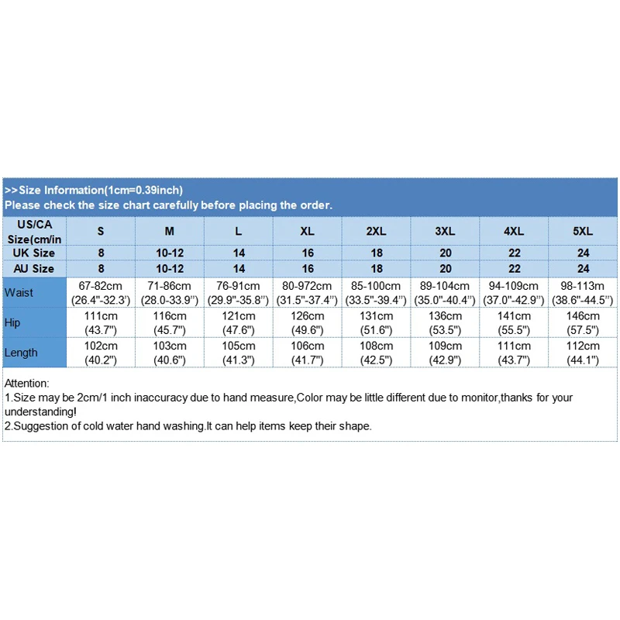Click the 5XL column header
coord(584,231)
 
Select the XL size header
coord(308,231)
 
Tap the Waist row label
coord(19,292)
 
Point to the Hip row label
coord(12,322)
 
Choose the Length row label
coord(21,353)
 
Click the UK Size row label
coord(33,253)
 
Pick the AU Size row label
coord(33,268)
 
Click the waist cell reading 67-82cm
coord(101,292)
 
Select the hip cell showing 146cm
coord(584,322)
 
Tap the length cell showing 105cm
coord(239,353)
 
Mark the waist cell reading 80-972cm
coord(308,292)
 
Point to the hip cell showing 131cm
coord(377,322)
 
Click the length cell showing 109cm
coord(446,353)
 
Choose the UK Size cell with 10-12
coord(170,253)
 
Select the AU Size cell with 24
coord(584,268)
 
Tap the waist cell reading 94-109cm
coord(515,292)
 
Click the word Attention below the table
coord(26,383)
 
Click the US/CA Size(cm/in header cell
coord(33,231)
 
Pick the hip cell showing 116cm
coord(170,322)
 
